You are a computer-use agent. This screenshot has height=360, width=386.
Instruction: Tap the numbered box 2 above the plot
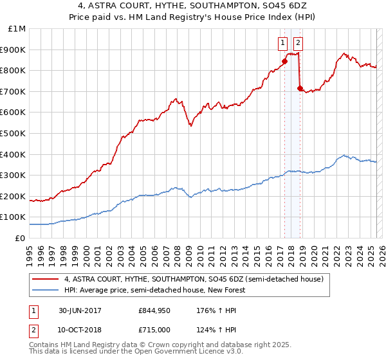(299, 43)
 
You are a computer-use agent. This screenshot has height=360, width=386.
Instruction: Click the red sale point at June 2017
(284, 61)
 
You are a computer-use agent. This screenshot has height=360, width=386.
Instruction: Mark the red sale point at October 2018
(300, 88)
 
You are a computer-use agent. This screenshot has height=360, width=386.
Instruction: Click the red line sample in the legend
(46, 279)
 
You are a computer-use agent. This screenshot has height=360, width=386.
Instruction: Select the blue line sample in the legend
(46, 290)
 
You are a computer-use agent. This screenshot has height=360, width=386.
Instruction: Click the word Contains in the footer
(46, 346)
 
